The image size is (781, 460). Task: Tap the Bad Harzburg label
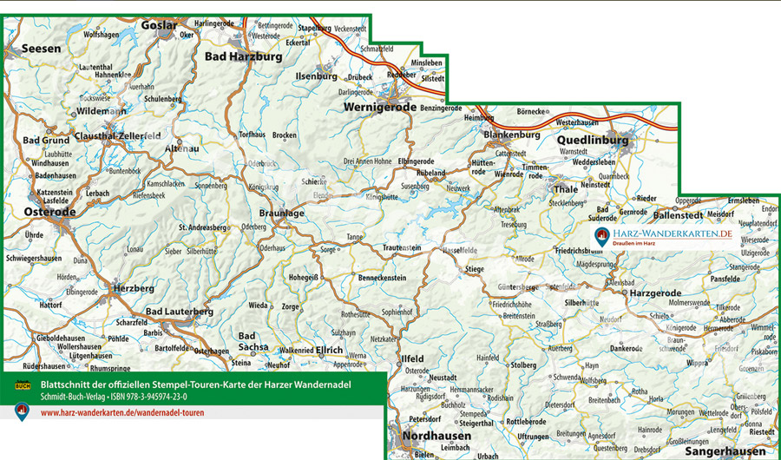(243, 56)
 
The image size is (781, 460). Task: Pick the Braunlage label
(281, 213)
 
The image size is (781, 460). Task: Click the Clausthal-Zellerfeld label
(117, 137)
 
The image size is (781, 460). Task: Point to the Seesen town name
(42, 49)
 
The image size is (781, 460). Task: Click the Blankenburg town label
(511, 135)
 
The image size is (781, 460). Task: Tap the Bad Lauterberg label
(180, 311)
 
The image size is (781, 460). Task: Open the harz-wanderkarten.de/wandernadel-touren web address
(122, 412)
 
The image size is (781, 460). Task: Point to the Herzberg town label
(134, 287)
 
